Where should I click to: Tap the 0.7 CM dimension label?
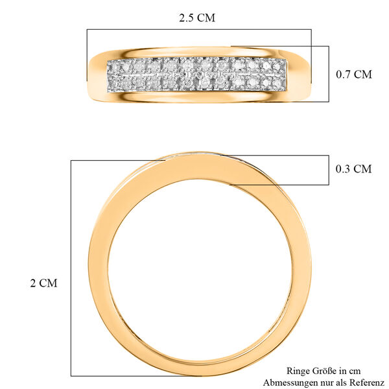pos(353,74)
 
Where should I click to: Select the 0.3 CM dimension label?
pos(353,169)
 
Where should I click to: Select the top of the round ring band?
pos(194,166)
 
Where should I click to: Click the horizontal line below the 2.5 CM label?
pos(198,29)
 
